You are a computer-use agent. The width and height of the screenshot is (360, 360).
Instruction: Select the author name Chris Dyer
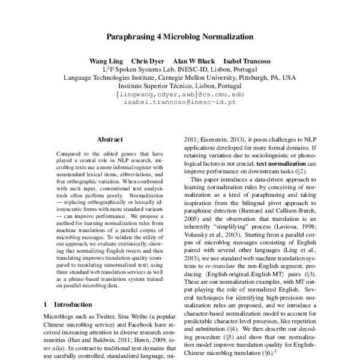pyautogui.click(x=148, y=61)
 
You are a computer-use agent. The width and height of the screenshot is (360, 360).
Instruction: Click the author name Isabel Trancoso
pyautogui.click(x=246, y=61)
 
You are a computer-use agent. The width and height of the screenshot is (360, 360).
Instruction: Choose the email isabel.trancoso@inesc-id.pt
pyautogui.click(x=179, y=103)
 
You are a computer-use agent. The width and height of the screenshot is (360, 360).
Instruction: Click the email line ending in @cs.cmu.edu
pyautogui.click(x=179, y=94)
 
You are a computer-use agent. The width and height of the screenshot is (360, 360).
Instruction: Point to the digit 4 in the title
pyautogui.click(x=160, y=37)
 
